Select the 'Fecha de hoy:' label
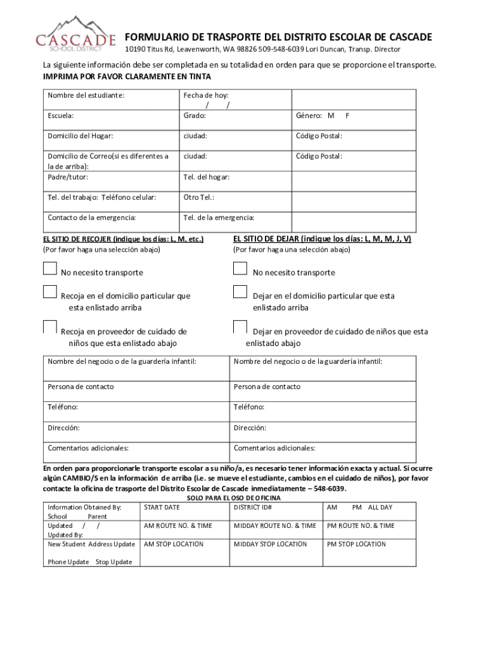pos(206,95)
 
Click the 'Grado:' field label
pos(195,116)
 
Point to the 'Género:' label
pos(311,116)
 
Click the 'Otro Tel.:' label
pos(199,197)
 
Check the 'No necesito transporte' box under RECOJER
pos(50,269)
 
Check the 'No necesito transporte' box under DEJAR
pos(240,269)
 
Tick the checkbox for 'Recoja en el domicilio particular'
pos(50,292)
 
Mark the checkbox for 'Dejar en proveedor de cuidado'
pos(240,327)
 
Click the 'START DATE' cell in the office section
pos(162,508)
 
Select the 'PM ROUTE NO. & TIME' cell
pos(361,526)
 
